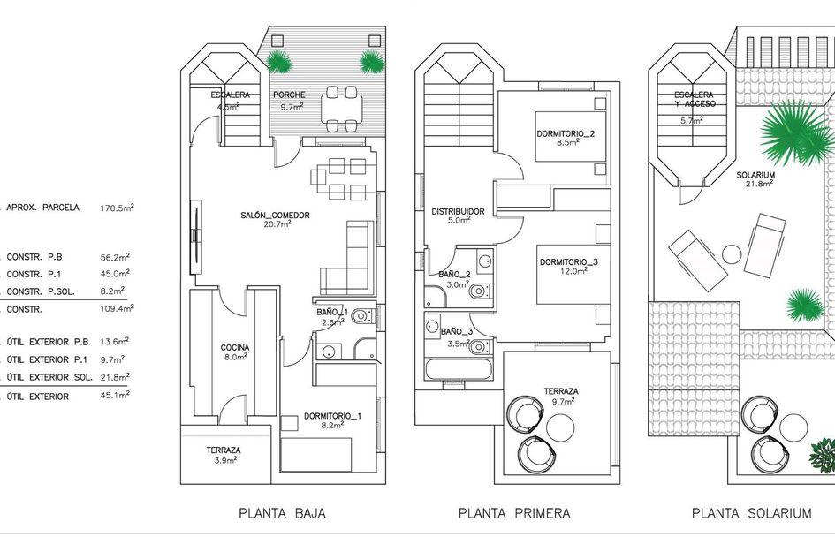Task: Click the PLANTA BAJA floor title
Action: tap(282, 514)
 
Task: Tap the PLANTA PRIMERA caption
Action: tap(514, 514)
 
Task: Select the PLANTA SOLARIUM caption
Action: tap(751, 514)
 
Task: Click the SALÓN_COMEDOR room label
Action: tap(275, 215)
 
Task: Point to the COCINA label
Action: tap(235, 348)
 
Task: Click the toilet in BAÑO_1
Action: tap(364, 316)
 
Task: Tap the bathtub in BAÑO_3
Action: tap(459, 369)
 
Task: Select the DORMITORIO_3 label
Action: tap(569, 262)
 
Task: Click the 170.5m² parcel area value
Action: tap(118, 208)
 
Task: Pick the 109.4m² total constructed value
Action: tap(118, 309)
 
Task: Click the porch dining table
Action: tap(341, 110)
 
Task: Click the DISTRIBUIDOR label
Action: tap(458, 211)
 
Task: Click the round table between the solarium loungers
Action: tap(732, 254)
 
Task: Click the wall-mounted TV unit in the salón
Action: tap(196, 237)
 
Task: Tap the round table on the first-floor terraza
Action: tap(561, 427)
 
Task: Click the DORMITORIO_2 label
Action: tap(566, 133)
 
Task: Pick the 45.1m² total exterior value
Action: tap(115, 396)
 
